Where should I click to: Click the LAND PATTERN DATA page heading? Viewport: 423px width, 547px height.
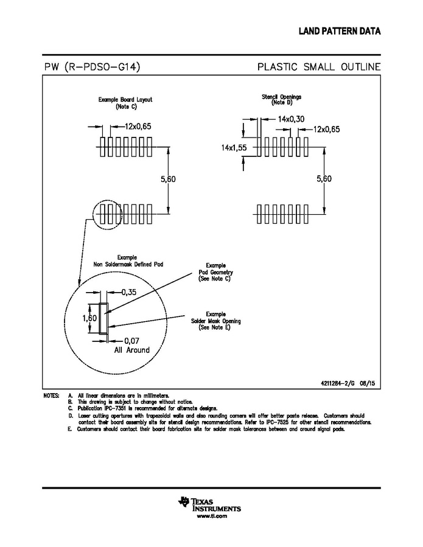[x=339, y=31]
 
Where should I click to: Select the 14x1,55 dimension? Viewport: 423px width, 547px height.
[x=233, y=148]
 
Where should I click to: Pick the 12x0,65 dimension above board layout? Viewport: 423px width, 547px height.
[x=138, y=127]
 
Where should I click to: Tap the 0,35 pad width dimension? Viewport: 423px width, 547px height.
[x=128, y=292]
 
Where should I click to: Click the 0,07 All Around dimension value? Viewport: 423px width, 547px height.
[x=132, y=341]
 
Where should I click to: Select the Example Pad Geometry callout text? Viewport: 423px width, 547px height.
[x=215, y=272]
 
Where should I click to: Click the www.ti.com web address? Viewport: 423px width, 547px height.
[x=211, y=515]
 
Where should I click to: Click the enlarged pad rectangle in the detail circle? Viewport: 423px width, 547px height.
[x=103, y=318]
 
